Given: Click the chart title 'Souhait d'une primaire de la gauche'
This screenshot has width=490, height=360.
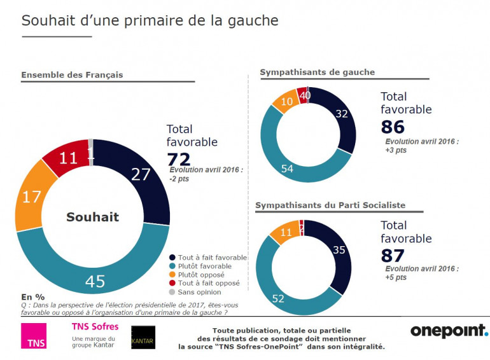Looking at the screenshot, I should (x=150, y=20).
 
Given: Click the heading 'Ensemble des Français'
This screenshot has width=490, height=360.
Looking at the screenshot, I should (x=72, y=75).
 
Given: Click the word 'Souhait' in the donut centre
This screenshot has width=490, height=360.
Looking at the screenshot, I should (x=92, y=217).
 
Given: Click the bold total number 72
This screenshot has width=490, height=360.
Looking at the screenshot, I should (x=179, y=159).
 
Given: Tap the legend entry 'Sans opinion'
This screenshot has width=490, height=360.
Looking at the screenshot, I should (x=199, y=293).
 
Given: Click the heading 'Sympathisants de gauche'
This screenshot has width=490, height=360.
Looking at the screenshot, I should (x=317, y=73).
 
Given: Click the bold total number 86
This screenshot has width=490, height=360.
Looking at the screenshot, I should (x=393, y=127).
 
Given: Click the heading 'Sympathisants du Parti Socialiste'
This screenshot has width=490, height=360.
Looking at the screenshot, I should (x=330, y=206).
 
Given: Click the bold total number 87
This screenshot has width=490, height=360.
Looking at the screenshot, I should (x=393, y=256).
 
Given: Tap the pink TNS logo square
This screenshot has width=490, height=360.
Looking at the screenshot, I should (x=33, y=336).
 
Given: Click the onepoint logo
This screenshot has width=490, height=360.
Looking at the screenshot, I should (x=449, y=331).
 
